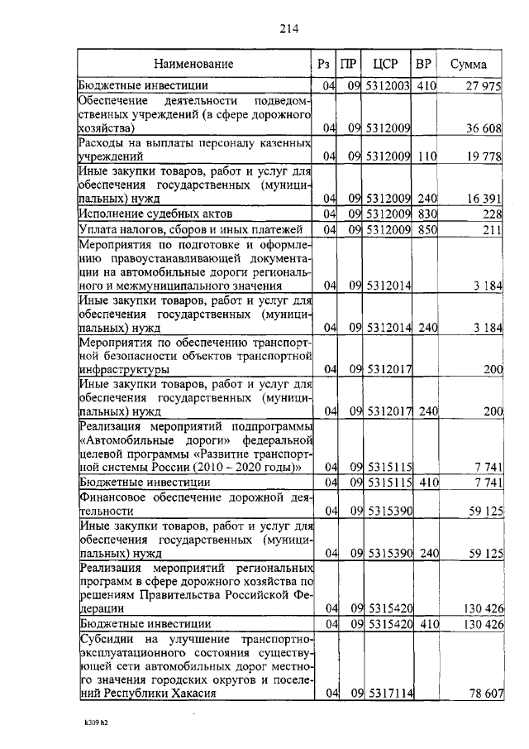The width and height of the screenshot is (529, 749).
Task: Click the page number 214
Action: pyautogui.click(x=288, y=28)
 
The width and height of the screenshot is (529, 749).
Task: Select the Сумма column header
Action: pyautogui.click(x=468, y=64)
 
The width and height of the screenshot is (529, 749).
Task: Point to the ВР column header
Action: pyautogui.click(x=423, y=64)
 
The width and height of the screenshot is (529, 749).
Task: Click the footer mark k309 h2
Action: pyautogui.click(x=96, y=721)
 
